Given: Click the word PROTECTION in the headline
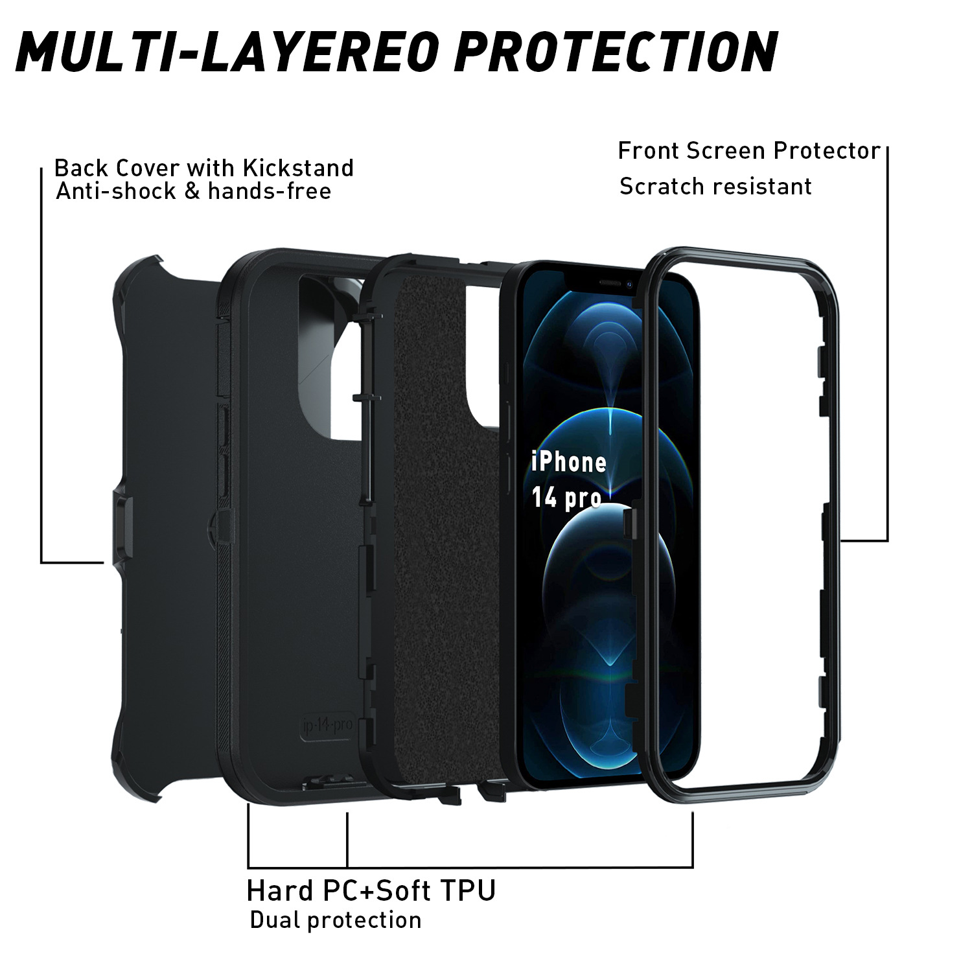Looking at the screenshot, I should tap(616, 51).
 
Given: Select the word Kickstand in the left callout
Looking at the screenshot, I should tap(298, 168).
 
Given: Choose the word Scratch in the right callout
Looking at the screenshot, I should tap(657, 187).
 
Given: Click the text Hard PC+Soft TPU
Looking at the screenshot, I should tap(371, 890).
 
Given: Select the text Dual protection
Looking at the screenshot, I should tap(335, 920).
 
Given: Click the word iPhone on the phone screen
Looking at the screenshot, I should tap(568, 463).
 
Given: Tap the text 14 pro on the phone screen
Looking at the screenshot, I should tap(565, 498).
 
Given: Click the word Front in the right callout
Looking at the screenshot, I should tap(649, 151).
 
